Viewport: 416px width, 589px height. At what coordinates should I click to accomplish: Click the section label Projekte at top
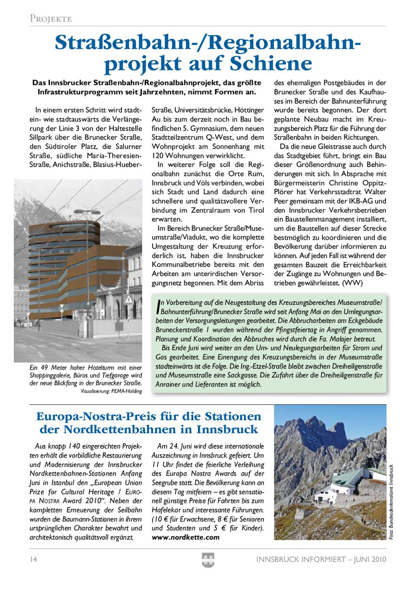[51, 18]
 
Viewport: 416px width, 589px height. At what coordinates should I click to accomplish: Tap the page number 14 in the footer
[33, 559]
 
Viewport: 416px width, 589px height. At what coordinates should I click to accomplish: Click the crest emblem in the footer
[208, 560]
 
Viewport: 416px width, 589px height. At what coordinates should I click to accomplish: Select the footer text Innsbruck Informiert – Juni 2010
[321, 559]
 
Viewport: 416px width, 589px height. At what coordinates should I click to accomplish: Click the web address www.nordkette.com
[185, 537]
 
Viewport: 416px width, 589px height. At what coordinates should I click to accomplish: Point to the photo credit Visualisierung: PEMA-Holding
[111, 391]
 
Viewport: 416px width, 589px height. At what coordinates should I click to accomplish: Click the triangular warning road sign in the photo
[129, 300]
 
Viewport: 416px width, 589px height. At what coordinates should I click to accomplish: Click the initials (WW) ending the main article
[352, 283]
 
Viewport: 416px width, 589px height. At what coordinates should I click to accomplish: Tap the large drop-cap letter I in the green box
[158, 307]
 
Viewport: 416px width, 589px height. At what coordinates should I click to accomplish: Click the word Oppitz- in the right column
[372, 183]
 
